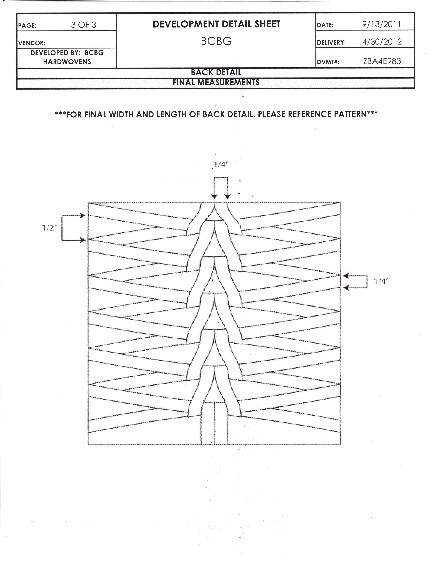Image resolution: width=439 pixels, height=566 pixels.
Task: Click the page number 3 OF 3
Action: pos(83,25)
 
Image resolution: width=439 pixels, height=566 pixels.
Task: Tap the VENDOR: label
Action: pos(32,43)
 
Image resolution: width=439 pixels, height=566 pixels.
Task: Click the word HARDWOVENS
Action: pos(67,62)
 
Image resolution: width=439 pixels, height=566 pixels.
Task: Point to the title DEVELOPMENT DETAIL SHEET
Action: pos(216,24)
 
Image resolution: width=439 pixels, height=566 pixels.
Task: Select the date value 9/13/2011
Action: pos(381,24)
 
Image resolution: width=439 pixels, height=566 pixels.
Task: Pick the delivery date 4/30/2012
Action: pos(382,42)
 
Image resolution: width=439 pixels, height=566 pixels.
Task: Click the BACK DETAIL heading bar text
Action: pos(216,72)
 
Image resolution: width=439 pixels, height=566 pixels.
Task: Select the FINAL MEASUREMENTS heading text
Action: pos(216,82)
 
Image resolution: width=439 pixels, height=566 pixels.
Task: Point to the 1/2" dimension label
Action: pos(49,228)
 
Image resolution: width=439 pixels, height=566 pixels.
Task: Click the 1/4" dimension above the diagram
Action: pos(221,164)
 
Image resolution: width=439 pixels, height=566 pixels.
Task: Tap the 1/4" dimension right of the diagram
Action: pos(381,281)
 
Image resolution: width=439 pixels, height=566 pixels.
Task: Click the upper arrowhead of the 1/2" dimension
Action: pos(83,216)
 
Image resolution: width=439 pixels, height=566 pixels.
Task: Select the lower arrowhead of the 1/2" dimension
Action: pos(83,240)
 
